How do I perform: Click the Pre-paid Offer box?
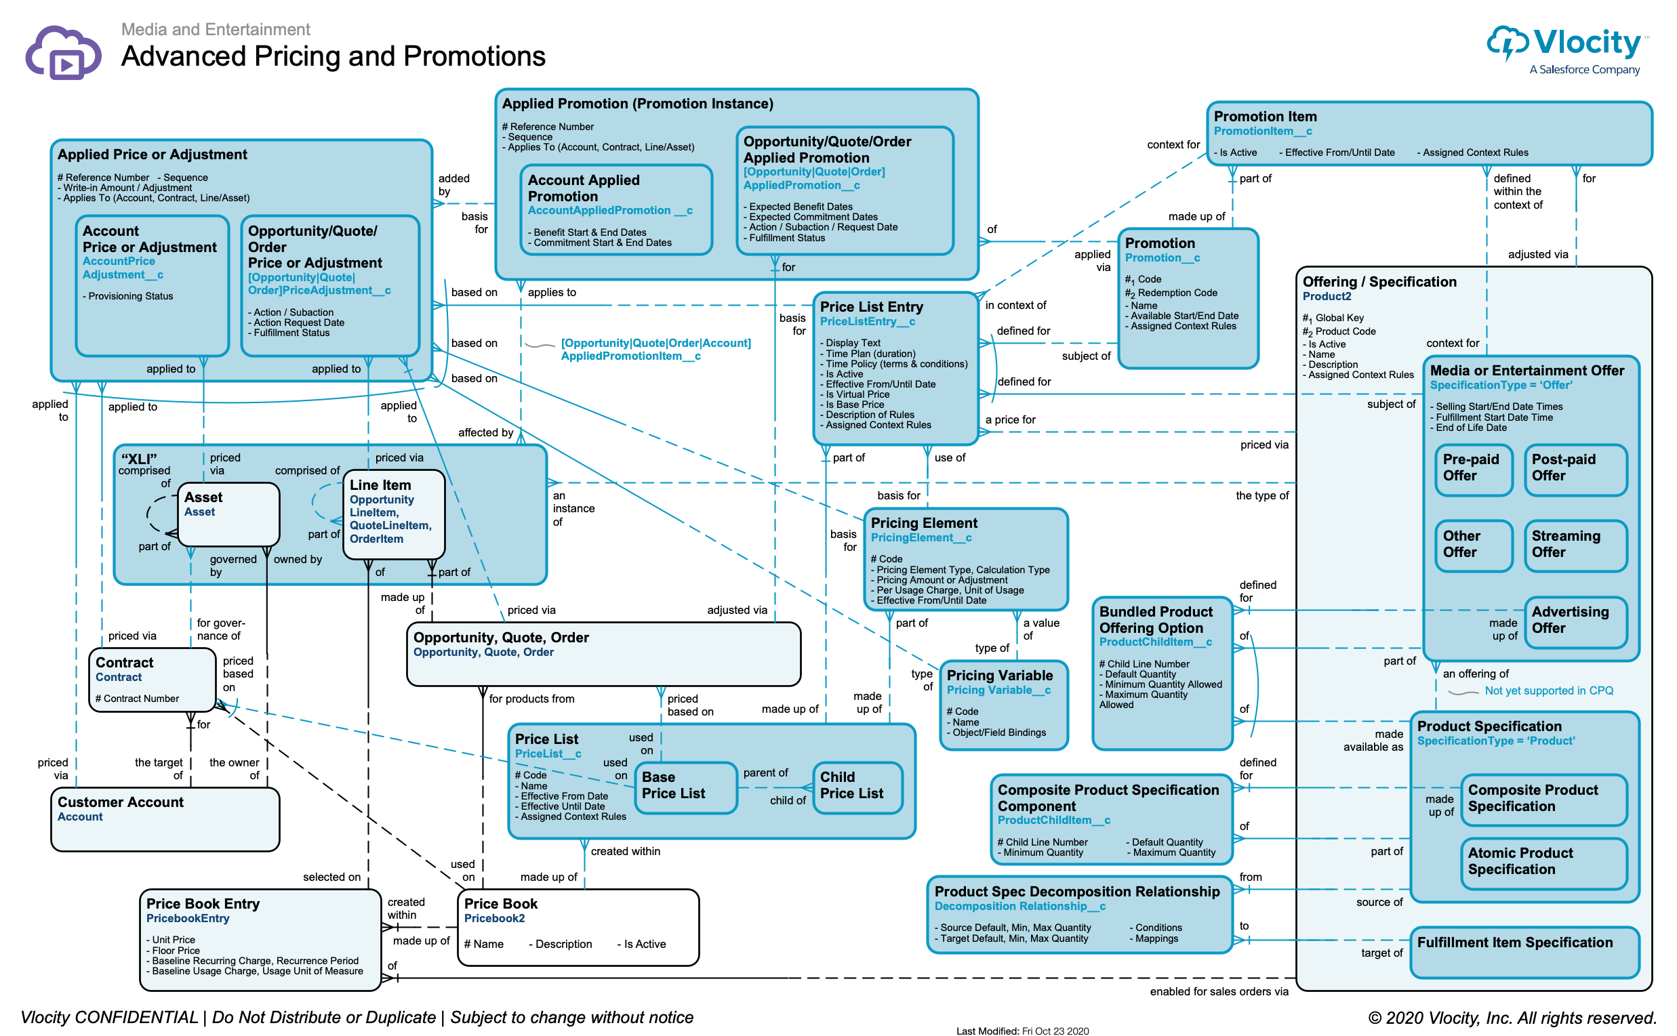pyautogui.click(x=1473, y=470)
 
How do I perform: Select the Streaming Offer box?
pyautogui.click(x=1575, y=545)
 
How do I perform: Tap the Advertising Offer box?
pyautogui.click(x=1575, y=621)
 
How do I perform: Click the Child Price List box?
pyautogui.click(x=857, y=787)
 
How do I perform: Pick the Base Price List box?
pyautogui.click(x=687, y=787)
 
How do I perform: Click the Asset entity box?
pyautogui.click(x=228, y=514)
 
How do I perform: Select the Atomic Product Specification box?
pyautogui.click(x=1543, y=863)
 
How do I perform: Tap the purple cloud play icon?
pyautogui.click(x=63, y=54)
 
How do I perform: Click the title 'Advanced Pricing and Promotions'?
pyautogui.click(x=333, y=56)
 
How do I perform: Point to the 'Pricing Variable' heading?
pyautogui.click(x=999, y=676)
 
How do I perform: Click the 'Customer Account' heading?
pyautogui.click(x=121, y=802)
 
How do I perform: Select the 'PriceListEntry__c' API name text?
pyautogui.click(x=867, y=321)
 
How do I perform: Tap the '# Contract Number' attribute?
pyautogui.click(x=137, y=699)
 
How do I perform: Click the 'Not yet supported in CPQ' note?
pyautogui.click(x=1548, y=690)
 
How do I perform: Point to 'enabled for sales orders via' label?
pyautogui.click(x=1219, y=992)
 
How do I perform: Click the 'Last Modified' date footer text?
pyautogui.click(x=1022, y=1031)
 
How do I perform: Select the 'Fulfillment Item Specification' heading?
pyautogui.click(x=1514, y=942)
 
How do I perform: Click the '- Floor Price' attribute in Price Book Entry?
pyautogui.click(x=174, y=951)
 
